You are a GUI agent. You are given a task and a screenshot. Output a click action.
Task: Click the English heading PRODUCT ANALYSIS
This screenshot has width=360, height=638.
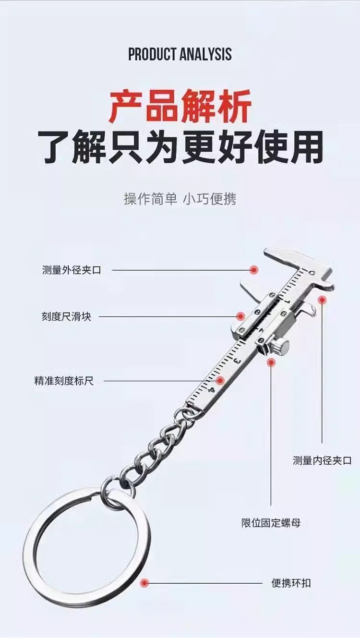[180, 54]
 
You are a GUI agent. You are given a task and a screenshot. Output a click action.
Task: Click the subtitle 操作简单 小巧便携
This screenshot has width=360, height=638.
[180, 199]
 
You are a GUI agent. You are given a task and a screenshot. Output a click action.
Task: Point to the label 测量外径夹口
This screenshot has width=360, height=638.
[72, 270]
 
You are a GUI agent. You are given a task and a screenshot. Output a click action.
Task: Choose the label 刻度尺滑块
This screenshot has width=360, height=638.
[66, 317]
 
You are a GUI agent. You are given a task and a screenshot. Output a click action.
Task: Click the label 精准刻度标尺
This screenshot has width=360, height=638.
[64, 381]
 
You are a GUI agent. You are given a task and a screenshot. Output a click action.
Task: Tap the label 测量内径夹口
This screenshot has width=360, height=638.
[322, 461]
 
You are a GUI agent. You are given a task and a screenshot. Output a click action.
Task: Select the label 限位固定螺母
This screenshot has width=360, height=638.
[271, 523]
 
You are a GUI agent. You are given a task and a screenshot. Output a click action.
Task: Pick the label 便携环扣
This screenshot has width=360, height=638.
[291, 583]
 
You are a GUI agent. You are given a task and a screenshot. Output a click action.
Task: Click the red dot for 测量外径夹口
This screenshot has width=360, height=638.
[254, 270]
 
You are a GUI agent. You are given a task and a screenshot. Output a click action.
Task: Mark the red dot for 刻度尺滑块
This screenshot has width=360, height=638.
[240, 316]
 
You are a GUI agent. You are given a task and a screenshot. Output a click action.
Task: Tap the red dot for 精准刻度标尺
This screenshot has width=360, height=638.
[220, 381]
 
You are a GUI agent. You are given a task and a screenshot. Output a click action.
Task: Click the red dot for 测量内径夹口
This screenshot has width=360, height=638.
[322, 300]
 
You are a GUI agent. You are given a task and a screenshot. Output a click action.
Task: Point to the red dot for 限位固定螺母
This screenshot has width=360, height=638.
[271, 362]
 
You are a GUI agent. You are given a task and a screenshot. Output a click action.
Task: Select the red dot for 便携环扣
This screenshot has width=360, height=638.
[144, 583]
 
